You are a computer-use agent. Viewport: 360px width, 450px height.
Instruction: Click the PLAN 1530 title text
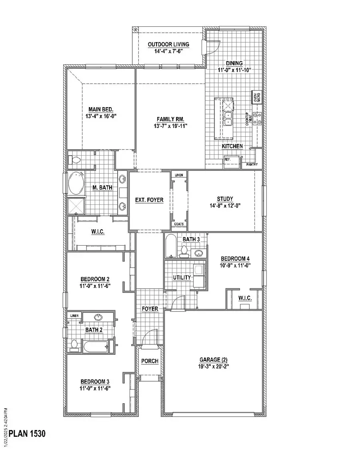[x=27, y=434]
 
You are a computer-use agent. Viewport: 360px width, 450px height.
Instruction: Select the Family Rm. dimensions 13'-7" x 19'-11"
[x=171, y=126]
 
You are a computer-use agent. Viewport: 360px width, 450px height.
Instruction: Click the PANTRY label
[x=252, y=164]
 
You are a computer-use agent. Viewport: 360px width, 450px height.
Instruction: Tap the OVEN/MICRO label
[x=255, y=98]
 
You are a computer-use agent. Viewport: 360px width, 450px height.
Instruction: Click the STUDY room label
[x=225, y=199]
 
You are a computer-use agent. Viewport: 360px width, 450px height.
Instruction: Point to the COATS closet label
[x=179, y=224]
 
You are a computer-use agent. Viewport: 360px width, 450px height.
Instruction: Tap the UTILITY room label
[x=181, y=278]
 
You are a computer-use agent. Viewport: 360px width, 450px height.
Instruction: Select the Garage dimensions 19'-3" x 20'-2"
[x=213, y=366]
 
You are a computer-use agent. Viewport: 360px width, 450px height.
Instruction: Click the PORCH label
[x=150, y=361]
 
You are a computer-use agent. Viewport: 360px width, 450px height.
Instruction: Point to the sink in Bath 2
[x=98, y=318]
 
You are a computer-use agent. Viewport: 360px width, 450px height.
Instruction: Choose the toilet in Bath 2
[x=74, y=344]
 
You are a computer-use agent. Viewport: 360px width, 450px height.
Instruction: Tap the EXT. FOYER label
[x=149, y=200]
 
